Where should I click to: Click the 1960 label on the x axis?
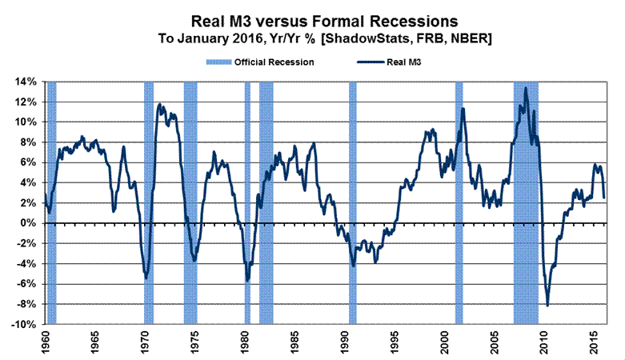click(x=46, y=342)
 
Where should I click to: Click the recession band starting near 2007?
click(x=526, y=200)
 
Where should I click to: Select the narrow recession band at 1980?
click(x=247, y=200)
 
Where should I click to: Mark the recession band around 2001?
click(x=459, y=200)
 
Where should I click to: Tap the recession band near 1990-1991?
click(x=352, y=200)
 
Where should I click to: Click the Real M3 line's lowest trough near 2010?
click(x=547, y=306)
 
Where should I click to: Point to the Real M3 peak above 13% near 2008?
click(x=525, y=88)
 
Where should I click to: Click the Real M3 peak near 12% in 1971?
click(x=159, y=104)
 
